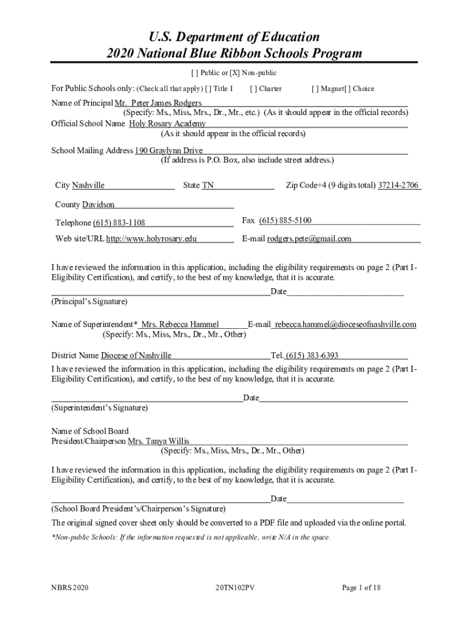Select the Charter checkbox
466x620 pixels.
[254, 89]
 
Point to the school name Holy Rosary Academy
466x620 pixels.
[168, 124]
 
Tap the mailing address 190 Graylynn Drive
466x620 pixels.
[169, 150]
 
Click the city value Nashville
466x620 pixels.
[88, 185]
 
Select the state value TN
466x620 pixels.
[208, 185]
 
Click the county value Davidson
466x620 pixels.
[98, 205]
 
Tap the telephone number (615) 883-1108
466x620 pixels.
[119, 223]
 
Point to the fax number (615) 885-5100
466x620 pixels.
[285, 220]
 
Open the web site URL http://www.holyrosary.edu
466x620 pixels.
[152, 239]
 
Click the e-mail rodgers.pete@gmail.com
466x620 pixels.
[309, 239]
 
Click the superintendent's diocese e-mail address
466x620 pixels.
[346, 325]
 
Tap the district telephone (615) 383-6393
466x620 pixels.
[312, 355]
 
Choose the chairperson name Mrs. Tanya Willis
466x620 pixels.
[159, 441]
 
